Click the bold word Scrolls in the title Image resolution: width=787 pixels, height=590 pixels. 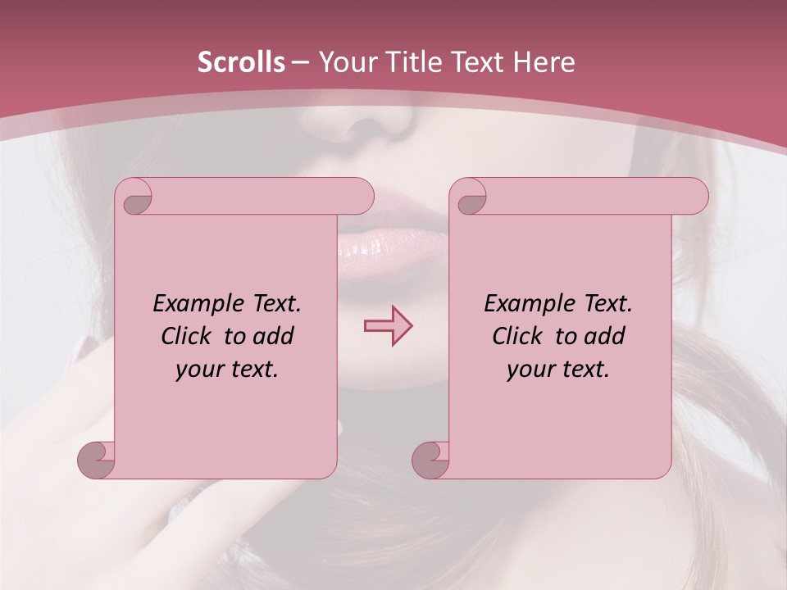point(241,62)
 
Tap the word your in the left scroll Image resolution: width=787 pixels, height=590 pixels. point(198,369)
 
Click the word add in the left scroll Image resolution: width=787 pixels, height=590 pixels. point(275,336)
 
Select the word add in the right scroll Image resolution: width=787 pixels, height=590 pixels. point(606,336)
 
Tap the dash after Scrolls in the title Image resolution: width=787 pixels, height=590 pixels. point(300,62)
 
